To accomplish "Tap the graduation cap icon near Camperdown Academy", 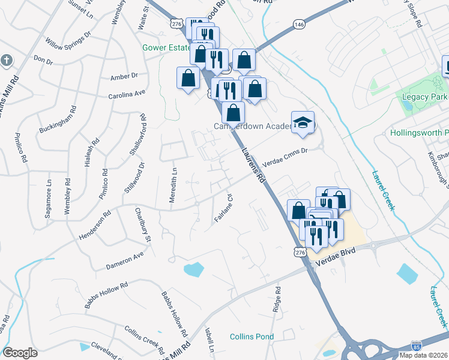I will coord(303,123).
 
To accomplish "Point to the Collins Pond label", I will coord(252,337).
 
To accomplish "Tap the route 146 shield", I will coord(298,24).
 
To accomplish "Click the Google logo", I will coord(20,353).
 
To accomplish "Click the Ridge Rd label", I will coord(277,298).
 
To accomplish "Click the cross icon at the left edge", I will coord(6,61).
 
